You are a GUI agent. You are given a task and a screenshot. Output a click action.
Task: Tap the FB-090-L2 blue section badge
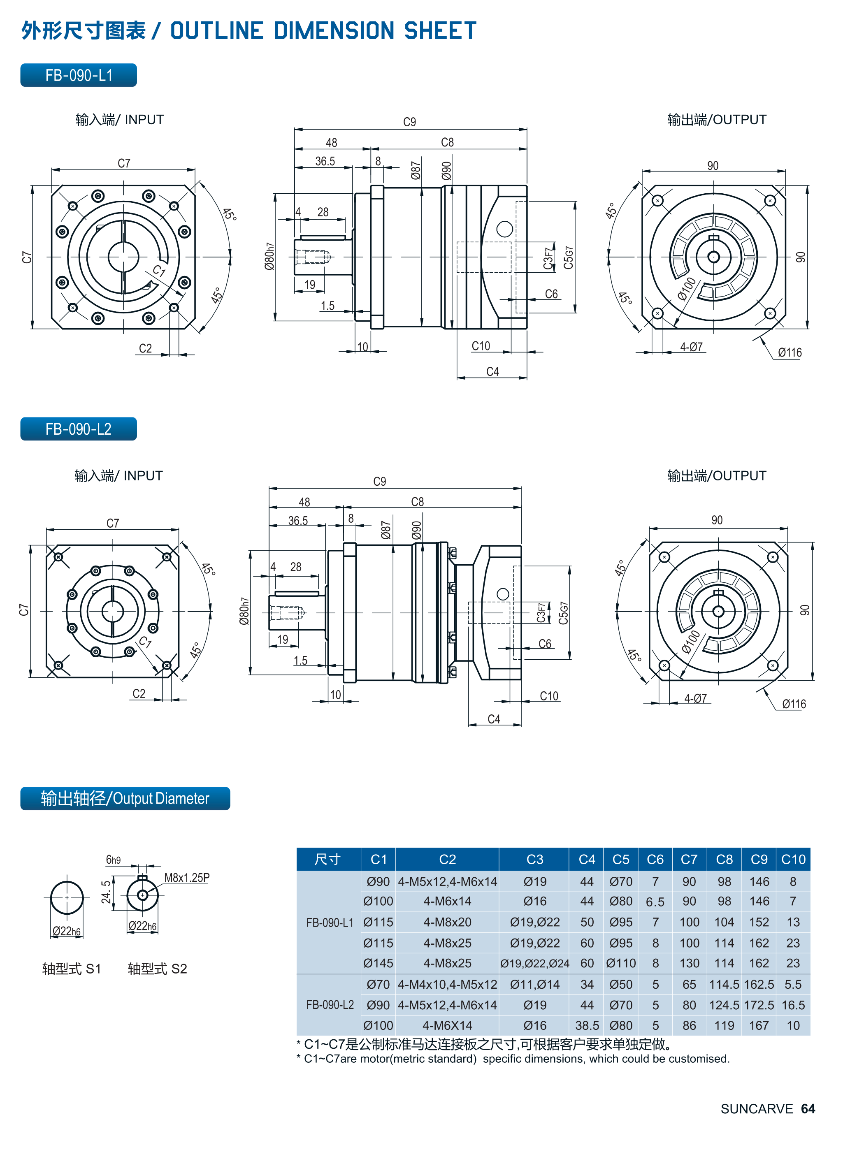(79, 429)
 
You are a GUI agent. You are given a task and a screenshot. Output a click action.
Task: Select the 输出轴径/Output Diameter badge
(125, 798)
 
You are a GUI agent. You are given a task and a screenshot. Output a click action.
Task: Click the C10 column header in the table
(793, 859)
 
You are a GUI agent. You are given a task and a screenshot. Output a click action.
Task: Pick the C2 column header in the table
(447, 859)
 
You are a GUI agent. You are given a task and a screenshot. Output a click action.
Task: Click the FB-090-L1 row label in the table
(330, 923)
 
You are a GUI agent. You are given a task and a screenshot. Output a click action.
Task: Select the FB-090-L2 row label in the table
(330, 1005)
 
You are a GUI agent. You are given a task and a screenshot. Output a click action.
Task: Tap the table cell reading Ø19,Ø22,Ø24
(534, 963)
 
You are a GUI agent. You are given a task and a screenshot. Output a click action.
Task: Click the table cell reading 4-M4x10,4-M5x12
(447, 984)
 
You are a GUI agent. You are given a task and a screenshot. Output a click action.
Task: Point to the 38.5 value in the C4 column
(587, 1025)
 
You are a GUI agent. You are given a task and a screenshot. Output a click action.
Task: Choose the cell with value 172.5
(759, 1005)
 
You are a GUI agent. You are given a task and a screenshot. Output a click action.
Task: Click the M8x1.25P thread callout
(187, 878)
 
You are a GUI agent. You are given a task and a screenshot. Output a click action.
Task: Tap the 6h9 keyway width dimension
(113, 860)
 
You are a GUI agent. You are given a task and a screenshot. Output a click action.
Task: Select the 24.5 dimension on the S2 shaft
(106, 891)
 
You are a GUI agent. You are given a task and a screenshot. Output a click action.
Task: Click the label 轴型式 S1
(72, 969)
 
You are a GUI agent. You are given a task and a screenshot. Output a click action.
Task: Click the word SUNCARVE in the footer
(756, 1109)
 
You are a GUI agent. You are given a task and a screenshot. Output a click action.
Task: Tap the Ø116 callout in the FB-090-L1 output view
(790, 352)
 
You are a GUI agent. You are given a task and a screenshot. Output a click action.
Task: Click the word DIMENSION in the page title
(334, 30)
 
